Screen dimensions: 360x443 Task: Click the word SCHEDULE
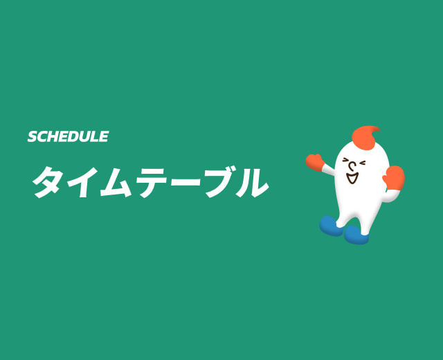(x=68, y=136)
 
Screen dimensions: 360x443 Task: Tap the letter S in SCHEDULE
(x=33, y=136)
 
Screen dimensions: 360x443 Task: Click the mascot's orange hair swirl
(x=365, y=136)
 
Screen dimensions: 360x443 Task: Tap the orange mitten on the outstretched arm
(x=316, y=163)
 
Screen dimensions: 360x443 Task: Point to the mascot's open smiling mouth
(x=352, y=179)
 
